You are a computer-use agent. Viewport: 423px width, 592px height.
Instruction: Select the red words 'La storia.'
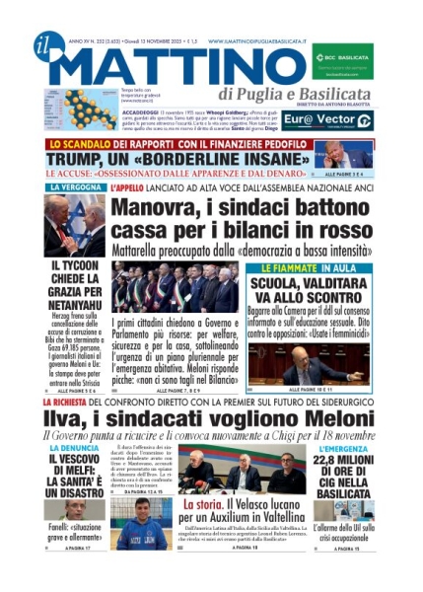click(203, 504)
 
